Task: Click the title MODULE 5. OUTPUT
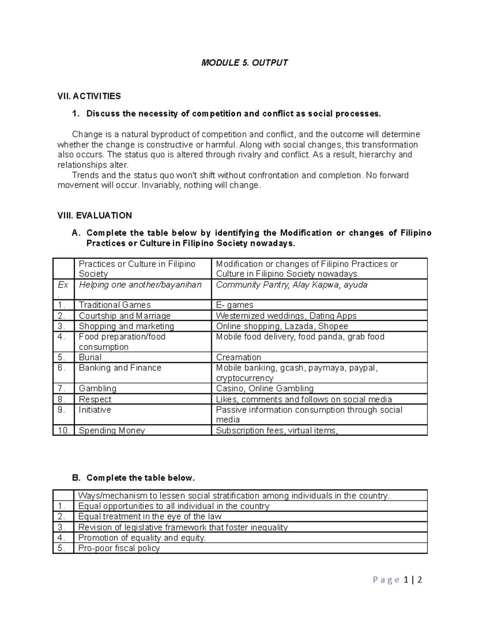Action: [x=245, y=62]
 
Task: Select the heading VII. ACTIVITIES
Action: [x=89, y=96]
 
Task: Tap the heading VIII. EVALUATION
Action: [x=94, y=216]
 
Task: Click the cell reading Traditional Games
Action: [x=115, y=305]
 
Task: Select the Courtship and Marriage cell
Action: [x=125, y=316]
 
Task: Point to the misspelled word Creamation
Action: [x=238, y=357]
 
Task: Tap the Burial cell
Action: [x=90, y=357]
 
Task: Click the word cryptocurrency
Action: [x=245, y=378]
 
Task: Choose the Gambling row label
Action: [x=98, y=388]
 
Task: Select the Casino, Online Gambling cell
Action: [x=265, y=388]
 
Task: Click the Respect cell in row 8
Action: [x=95, y=399]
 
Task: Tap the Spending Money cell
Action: [x=112, y=430]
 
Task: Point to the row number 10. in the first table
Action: [x=64, y=430]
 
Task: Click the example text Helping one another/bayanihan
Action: [x=140, y=285]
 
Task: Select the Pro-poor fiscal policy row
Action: [x=119, y=548]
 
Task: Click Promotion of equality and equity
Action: [x=142, y=538]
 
